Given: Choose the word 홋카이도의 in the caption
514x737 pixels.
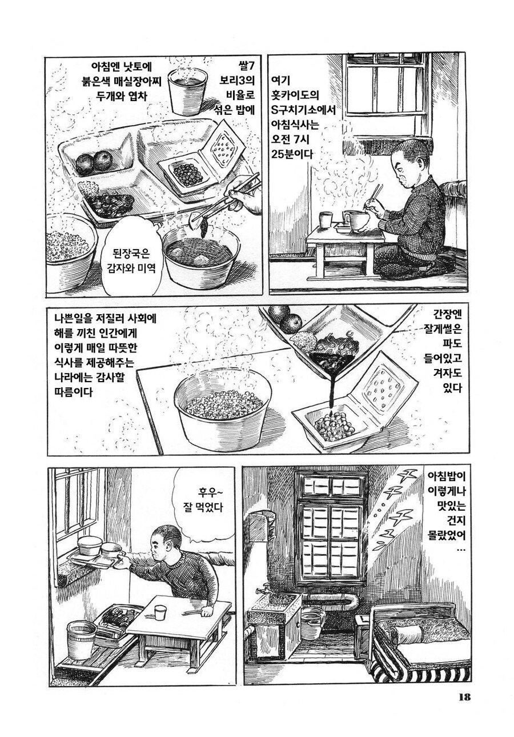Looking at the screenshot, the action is [294, 95].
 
